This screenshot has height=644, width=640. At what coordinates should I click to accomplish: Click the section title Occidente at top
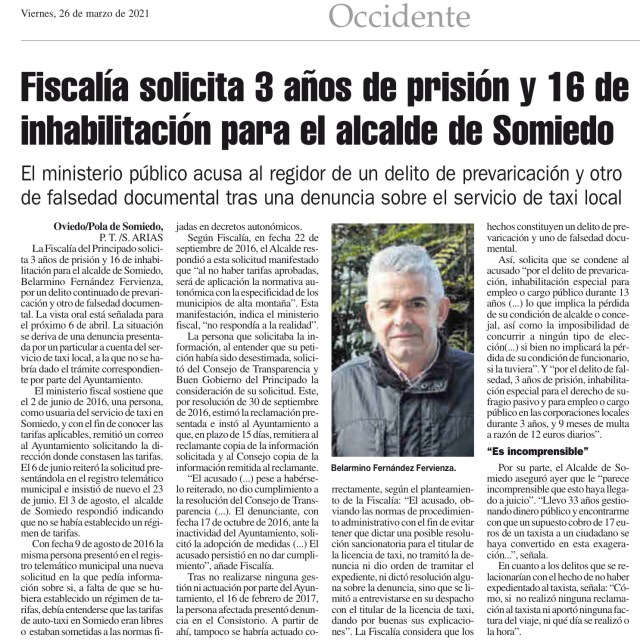[398, 17]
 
